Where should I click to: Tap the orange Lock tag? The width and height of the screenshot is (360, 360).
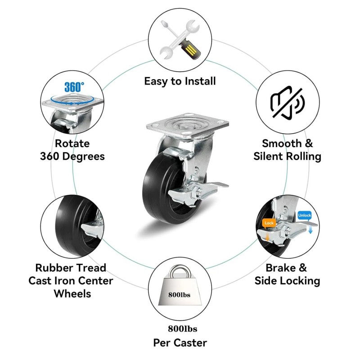(269, 223)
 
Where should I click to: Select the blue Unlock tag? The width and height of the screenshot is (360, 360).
(304, 216)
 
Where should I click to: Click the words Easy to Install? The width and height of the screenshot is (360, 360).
(180, 81)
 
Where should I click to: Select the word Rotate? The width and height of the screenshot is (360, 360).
(72, 144)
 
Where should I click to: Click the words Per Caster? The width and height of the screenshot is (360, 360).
(180, 343)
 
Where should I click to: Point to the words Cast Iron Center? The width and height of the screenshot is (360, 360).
(71, 281)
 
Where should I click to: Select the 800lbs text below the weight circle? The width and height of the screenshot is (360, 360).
(180, 329)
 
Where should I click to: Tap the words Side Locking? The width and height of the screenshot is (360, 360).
(287, 281)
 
